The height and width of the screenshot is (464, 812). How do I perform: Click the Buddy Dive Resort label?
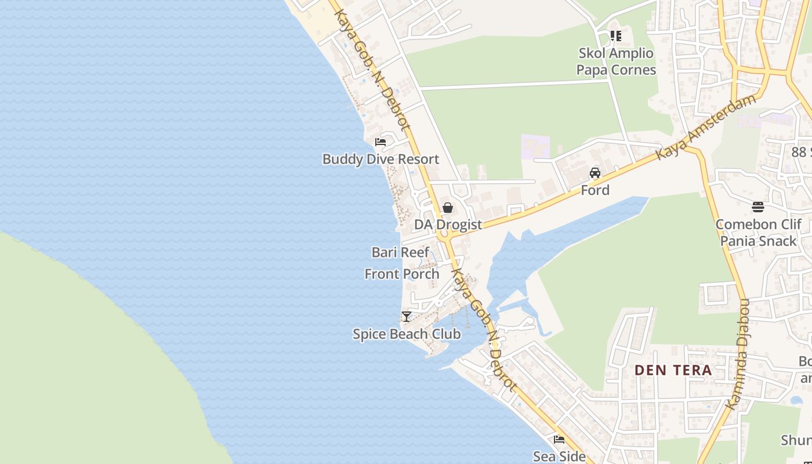380,159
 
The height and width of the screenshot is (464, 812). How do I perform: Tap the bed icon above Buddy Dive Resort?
380,142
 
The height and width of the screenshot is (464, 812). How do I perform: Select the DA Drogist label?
448,224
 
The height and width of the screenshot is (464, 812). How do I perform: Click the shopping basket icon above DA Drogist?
448,207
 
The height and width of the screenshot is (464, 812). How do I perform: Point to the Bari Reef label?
400,252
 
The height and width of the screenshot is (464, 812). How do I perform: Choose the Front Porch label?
402,274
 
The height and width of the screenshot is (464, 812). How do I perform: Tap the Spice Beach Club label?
407,334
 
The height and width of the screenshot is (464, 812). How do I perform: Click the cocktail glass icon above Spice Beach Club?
407,316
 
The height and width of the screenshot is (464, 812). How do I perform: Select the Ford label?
595,190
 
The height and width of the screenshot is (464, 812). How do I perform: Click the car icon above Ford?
595,172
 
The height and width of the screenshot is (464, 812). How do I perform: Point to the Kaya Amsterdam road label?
706,126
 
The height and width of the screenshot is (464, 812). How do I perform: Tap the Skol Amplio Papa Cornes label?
616,61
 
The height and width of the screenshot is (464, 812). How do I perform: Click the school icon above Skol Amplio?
616,36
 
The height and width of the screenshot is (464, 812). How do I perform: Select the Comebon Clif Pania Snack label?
758,233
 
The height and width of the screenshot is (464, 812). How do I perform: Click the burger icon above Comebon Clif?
758,206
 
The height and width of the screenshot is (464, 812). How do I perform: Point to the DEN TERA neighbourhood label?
673,370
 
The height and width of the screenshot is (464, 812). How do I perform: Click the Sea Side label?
559,456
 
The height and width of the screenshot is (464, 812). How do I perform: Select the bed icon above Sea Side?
559,439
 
